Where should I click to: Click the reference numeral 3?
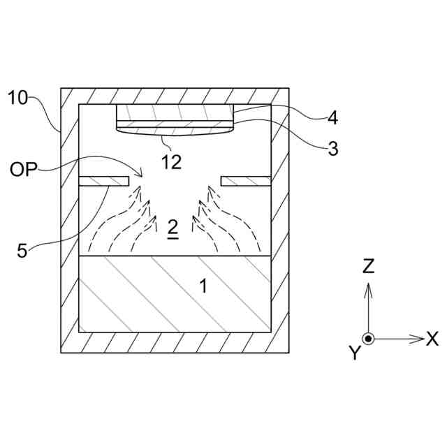(333, 148)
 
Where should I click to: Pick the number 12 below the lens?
(171, 162)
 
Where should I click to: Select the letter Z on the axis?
(369, 266)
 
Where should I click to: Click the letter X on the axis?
(432, 339)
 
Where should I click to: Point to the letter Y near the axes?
(355, 354)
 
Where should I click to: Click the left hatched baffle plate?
(104, 181)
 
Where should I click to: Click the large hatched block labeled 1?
(175, 293)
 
